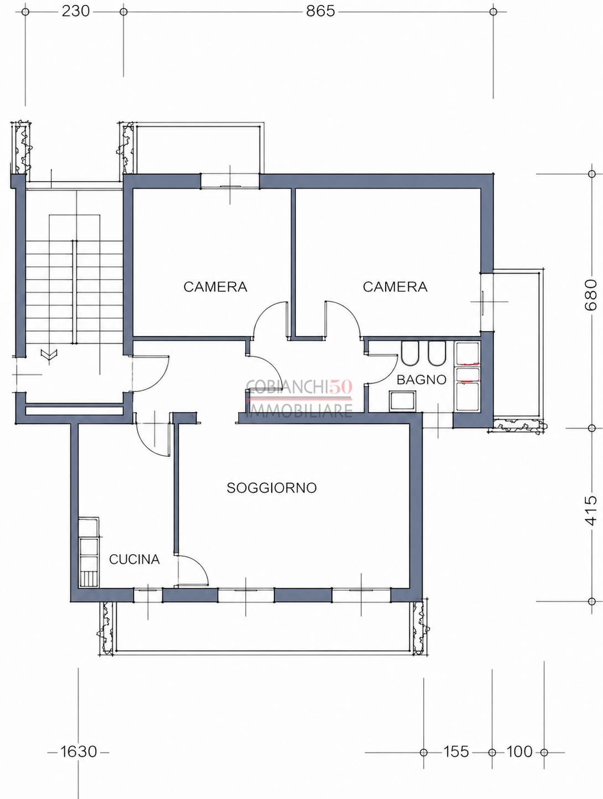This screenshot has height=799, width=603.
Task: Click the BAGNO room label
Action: click(421, 380)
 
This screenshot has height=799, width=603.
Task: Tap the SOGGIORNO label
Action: click(272, 488)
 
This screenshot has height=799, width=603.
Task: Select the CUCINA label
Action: click(134, 559)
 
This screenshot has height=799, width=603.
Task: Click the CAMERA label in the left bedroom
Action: click(215, 287)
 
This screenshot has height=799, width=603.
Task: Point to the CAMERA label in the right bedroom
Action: click(395, 287)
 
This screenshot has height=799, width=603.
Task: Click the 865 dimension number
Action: click(320, 12)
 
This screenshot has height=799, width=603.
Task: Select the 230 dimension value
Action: click(76, 12)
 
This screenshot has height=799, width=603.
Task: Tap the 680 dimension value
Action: click(591, 295)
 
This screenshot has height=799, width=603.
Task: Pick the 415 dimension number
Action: click(591, 511)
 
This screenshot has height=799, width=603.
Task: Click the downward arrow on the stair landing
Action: click(49, 354)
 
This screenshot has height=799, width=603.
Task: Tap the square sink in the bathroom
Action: click(402, 401)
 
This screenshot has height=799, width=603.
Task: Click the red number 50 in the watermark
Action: click(341, 386)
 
